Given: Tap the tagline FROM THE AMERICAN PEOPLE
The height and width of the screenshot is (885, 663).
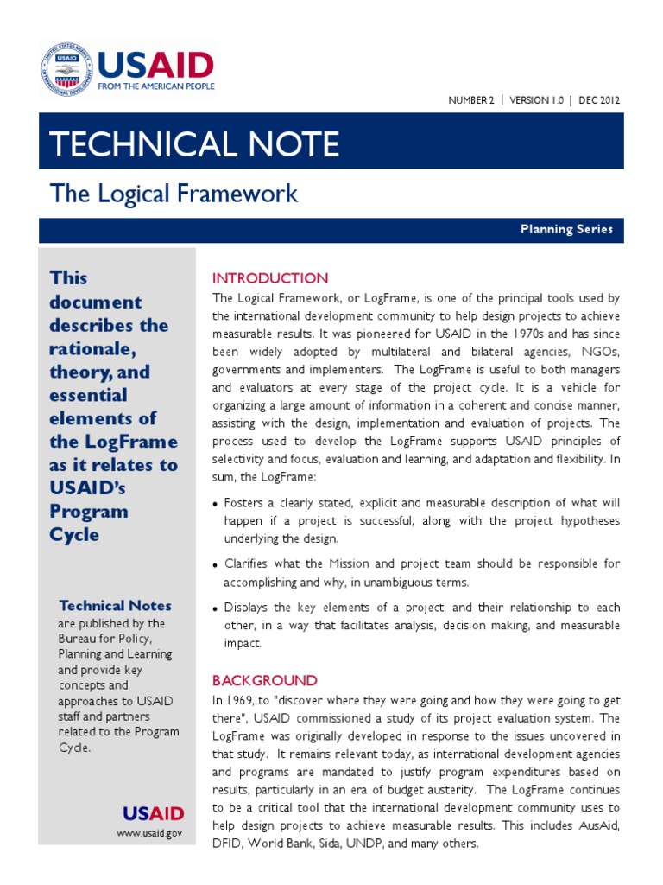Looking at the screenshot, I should click(x=156, y=87).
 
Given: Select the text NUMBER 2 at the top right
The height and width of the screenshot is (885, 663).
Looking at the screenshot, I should click(x=471, y=100).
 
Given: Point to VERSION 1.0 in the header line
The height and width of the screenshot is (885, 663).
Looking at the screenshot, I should click(x=536, y=100).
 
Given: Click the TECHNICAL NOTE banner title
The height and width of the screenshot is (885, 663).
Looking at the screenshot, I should click(x=194, y=144).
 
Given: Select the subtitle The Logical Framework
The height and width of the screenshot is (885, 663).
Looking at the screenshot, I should click(x=174, y=194).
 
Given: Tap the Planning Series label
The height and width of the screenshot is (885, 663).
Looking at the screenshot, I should click(x=566, y=230).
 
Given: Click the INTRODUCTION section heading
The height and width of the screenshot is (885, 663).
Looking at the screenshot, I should click(x=270, y=278).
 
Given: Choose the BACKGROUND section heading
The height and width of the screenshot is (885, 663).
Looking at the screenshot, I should click(x=265, y=680).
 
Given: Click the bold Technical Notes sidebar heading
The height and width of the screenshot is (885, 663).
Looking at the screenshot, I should click(x=115, y=606).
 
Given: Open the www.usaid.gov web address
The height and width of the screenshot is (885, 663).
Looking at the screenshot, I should click(x=149, y=833).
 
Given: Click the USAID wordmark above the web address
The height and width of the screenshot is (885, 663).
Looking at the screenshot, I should click(x=153, y=813).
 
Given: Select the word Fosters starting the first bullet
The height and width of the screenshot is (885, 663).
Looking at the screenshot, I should click(x=245, y=503).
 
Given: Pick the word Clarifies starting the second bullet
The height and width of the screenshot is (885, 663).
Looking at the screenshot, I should click(x=249, y=563).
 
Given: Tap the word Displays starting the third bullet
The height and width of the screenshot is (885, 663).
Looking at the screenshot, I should click(x=248, y=607).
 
